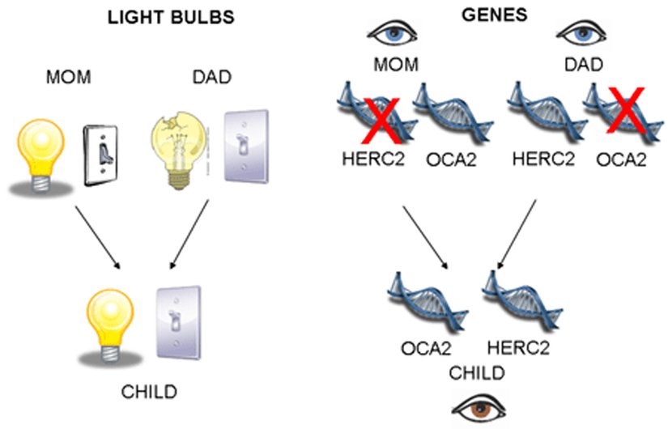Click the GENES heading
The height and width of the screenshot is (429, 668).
483,15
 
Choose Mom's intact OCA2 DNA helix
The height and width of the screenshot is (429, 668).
442,114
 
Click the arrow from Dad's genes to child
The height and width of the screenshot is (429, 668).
517,231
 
